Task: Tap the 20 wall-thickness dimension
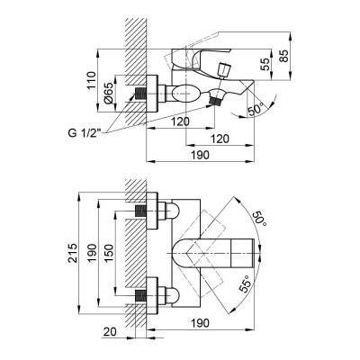coord(109,331)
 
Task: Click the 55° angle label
coord(245,285)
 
